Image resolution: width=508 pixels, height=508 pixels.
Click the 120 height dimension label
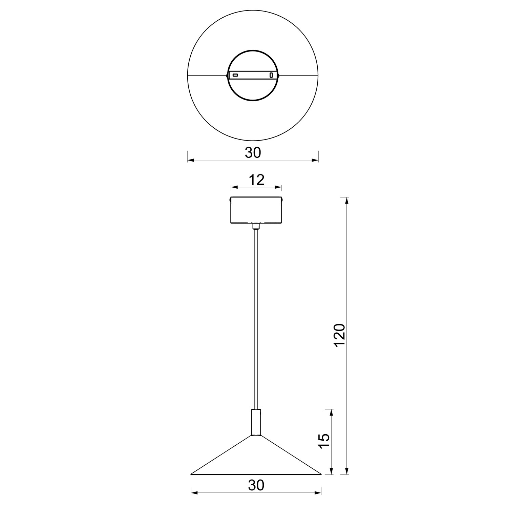(339, 335)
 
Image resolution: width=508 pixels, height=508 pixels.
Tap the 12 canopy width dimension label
(256, 180)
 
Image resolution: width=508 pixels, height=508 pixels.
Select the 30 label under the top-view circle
(253, 153)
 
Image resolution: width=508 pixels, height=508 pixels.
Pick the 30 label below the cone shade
(256, 485)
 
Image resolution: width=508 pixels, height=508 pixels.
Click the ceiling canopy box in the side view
(256, 211)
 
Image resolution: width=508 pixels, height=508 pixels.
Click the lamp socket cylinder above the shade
(256, 423)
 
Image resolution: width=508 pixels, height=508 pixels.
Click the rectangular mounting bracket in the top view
(253, 75)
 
